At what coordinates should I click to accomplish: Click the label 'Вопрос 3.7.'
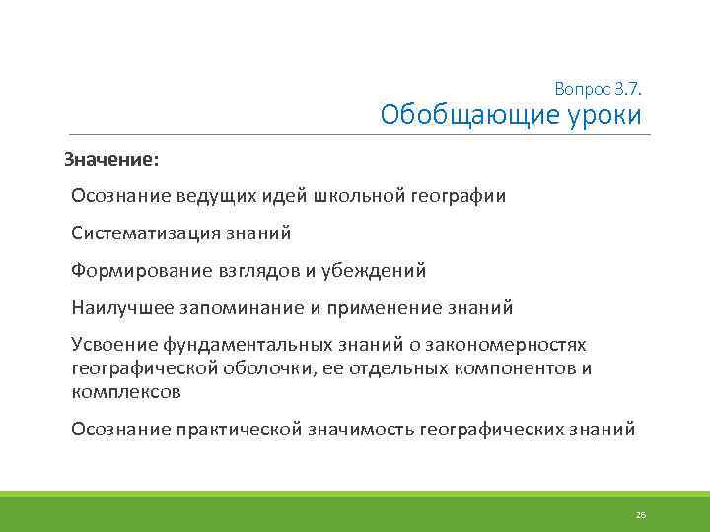[598, 89]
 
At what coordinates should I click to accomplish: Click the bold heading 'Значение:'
[110, 159]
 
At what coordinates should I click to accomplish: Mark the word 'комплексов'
[126, 391]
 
